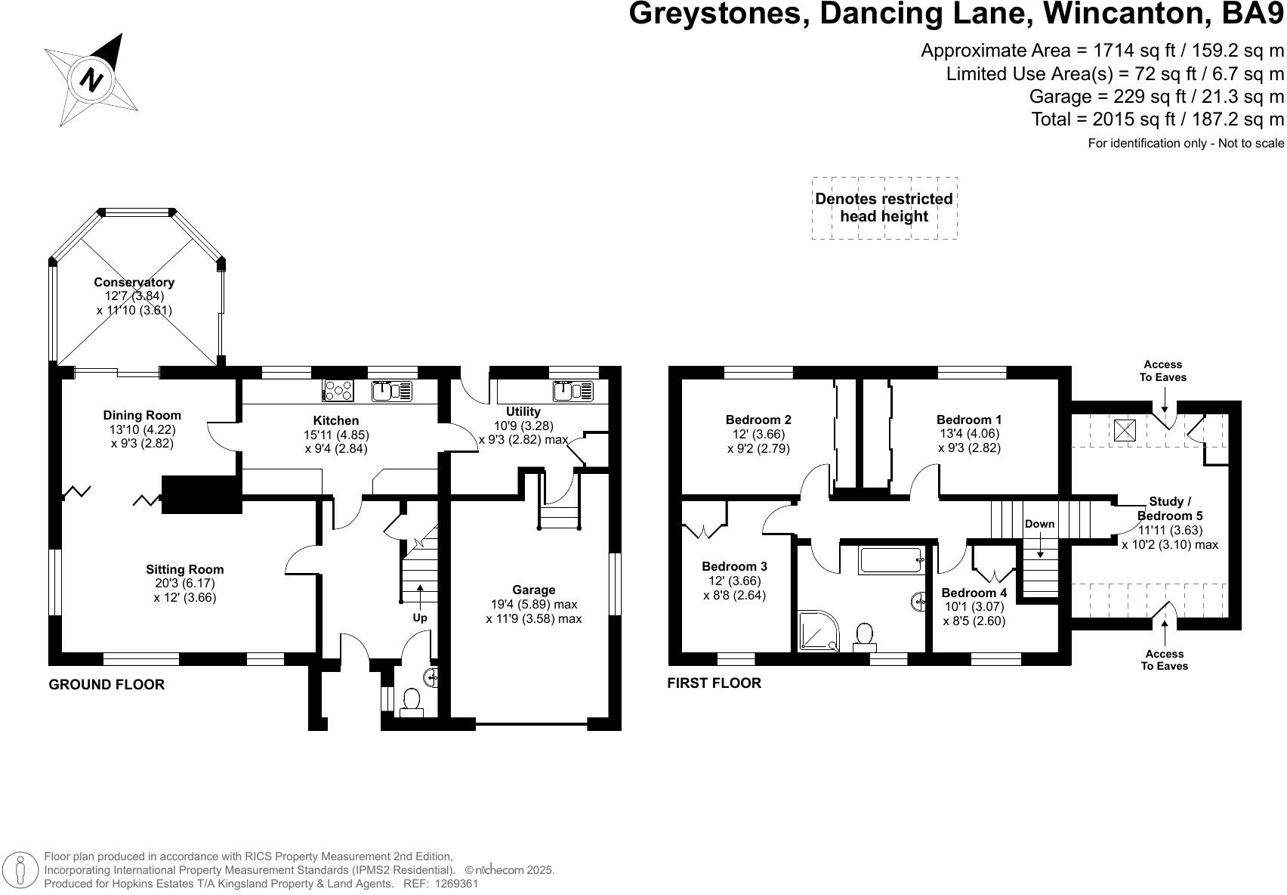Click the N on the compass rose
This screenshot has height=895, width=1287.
pos(92,79)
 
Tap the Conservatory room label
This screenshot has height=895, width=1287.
pos(134,282)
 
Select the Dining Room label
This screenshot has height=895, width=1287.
pos(142,415)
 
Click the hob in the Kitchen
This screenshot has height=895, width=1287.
pos(338,391)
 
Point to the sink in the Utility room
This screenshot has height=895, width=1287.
pos(564,391)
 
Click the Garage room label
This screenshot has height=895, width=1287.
pos(533,590)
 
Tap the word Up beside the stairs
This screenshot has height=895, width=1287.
pos(420,618)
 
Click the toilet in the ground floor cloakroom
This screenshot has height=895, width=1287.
pos(412,701)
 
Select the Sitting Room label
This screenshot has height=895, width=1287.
pos(184,569)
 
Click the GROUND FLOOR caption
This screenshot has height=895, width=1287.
pos(106,685)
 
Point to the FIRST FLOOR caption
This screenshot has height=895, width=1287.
pos(714,683)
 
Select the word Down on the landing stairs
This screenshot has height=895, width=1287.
pos(1040,524)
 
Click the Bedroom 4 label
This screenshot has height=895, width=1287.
pos(974,593)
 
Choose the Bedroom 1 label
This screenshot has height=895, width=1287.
pos(969,420)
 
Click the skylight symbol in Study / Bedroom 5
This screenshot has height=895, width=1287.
pos(1125,430)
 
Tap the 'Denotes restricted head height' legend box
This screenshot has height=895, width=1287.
pos(884,208)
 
